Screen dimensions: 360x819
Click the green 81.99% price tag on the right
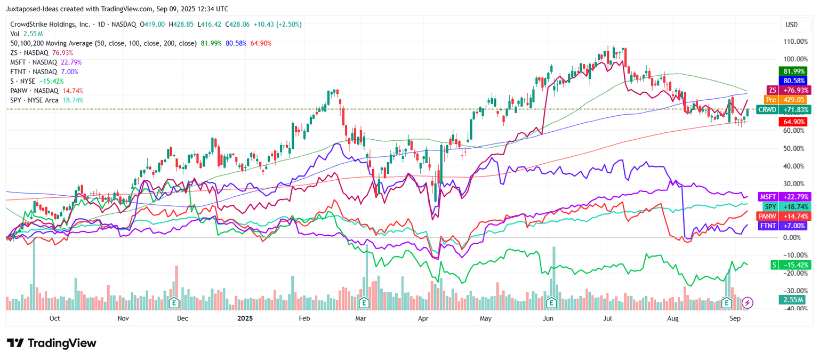point(794,71)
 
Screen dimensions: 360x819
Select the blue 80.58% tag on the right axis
point(794,81)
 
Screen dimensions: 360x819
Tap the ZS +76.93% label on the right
point(787,90)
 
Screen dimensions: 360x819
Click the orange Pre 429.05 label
point(787,100)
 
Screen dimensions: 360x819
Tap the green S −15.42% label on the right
point(787,265)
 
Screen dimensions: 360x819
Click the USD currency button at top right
point(791,25)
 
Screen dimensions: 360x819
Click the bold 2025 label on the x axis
point(245,318)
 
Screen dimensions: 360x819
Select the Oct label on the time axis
point(54,318)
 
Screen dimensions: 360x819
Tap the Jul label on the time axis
point(607,318)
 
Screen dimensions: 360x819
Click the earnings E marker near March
point(364,303)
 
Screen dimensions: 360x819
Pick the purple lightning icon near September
point(748,303)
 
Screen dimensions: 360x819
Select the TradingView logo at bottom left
point(52,343)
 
